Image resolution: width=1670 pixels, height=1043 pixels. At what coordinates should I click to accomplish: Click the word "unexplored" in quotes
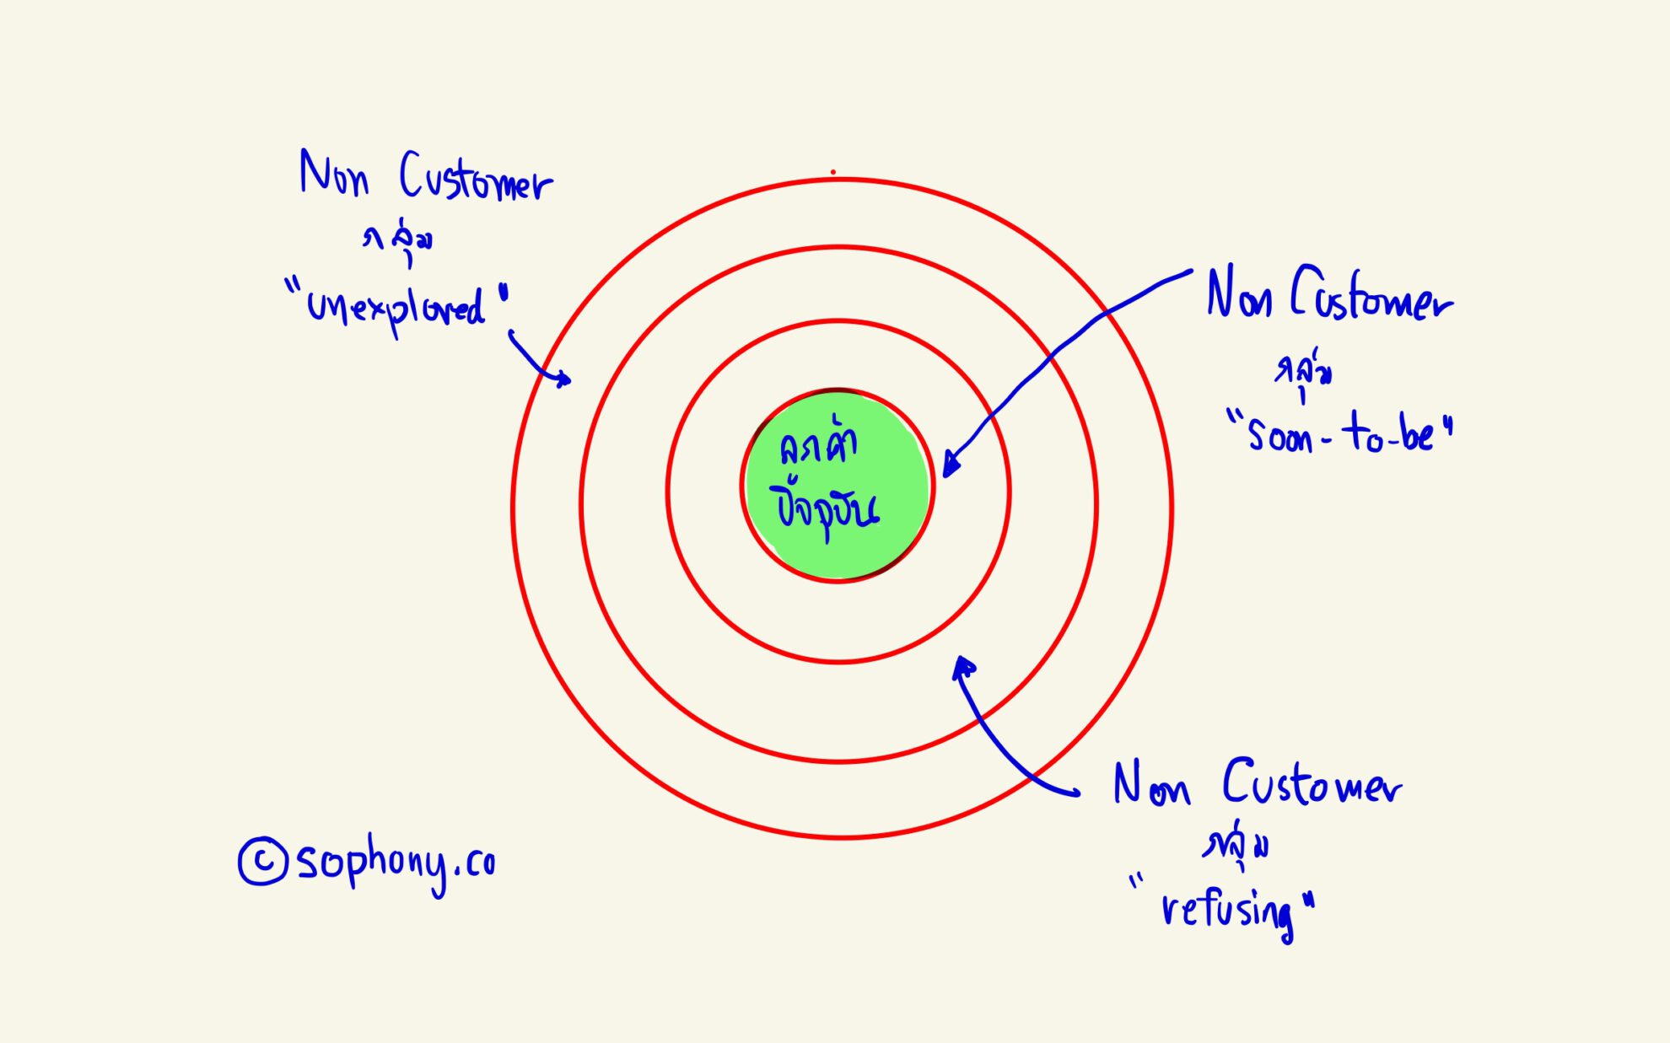point(396,308)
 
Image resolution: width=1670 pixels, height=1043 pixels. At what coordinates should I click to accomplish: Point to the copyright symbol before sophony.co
point(262,861)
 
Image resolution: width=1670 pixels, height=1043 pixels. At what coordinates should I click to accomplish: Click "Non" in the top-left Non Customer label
point(334,175)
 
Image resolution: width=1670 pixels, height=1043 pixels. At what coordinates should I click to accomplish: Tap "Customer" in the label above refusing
point(1312,784)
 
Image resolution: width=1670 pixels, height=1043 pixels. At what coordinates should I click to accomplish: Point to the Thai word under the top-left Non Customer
point(399,241)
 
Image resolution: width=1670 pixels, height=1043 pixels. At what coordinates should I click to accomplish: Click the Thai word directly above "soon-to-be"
point(1303,373)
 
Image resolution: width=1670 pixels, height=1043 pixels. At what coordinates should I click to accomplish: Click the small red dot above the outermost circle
point(833,172)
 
